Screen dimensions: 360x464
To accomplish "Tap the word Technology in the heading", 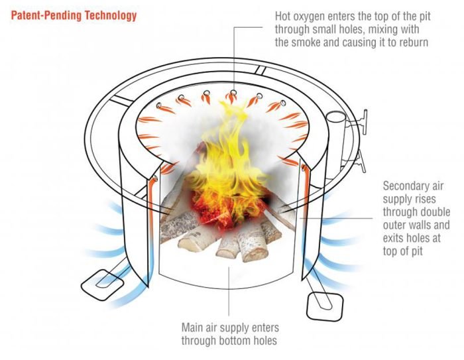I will pyautogui.click(x=112, y=15).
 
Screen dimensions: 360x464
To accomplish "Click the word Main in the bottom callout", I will pyautogui.click(x=195, y=328).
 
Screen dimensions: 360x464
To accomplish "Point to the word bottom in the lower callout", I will pyautogui.click(x=235, y=341).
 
